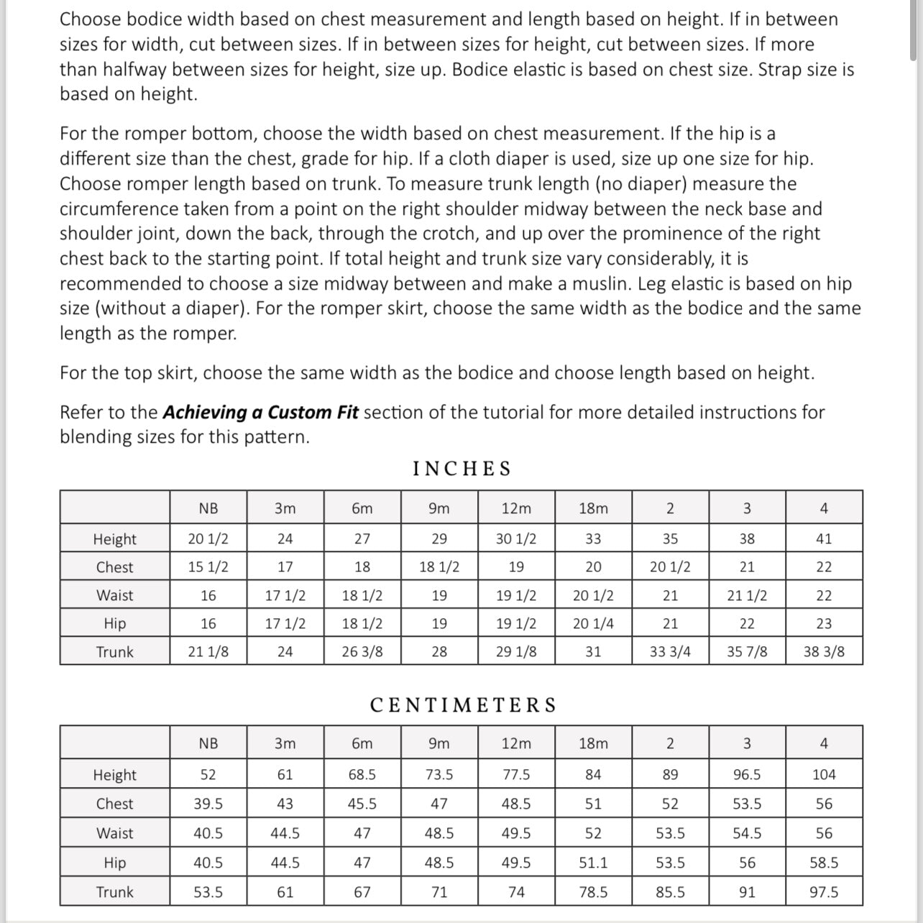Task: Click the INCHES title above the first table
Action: (461, 469)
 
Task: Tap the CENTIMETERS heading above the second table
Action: (463, 705)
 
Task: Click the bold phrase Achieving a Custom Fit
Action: (260, 413)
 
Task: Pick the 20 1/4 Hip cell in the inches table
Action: (593, 623)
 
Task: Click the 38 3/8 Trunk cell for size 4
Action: (824, 652)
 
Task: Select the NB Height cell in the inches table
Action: (208, 538)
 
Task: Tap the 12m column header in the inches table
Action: (516, 508)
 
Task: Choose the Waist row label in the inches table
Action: (115, 595)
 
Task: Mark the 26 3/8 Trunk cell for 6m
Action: (362, 652)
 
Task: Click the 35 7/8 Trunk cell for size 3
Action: (747, 652)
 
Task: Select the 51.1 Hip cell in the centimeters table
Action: (593, 863)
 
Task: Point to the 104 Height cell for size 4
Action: (824, 774)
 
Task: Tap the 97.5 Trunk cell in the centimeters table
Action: (824, 892)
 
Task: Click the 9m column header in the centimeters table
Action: (439, 743)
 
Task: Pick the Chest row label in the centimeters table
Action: (115, 804)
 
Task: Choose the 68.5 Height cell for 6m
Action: (362, 774)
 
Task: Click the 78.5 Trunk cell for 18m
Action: (593, 892)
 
